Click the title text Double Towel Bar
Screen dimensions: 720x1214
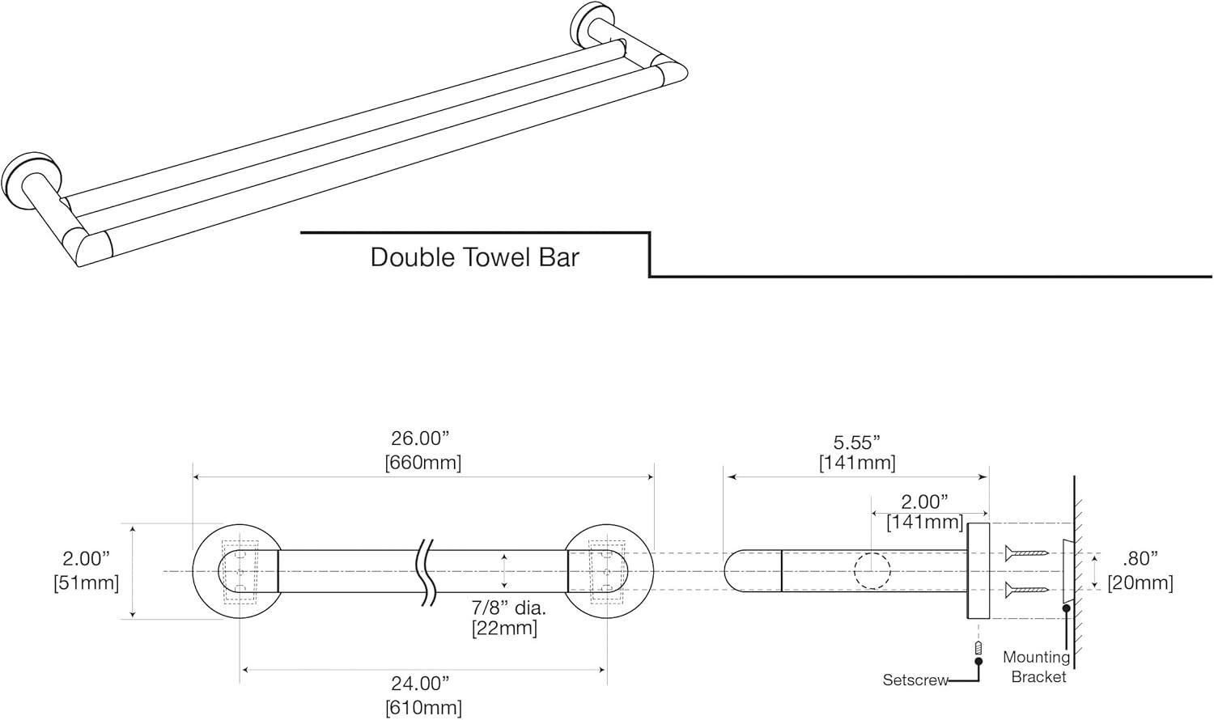click(474, 257)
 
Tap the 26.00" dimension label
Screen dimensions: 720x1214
click(420, 438)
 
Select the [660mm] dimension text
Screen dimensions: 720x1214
click(422, 463)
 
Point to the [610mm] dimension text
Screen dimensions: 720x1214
click(423, 707)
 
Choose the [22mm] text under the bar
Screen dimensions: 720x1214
click(504, 628)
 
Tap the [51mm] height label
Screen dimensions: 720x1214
click(86, 582)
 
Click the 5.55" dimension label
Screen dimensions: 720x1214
click(856, 442)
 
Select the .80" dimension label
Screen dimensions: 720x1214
click(1140, 558)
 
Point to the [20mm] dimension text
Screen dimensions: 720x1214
click(1140, 582)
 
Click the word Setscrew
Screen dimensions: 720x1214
click(915, 680)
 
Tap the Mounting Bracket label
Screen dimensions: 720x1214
click(1036, 667)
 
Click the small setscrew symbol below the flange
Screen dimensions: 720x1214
click(978, 648)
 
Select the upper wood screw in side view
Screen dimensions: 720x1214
click(1026, 553)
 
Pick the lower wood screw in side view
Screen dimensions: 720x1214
click(1026, 590)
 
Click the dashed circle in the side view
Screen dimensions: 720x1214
click(872, 571)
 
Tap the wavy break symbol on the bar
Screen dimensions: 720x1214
click(427, 571)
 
